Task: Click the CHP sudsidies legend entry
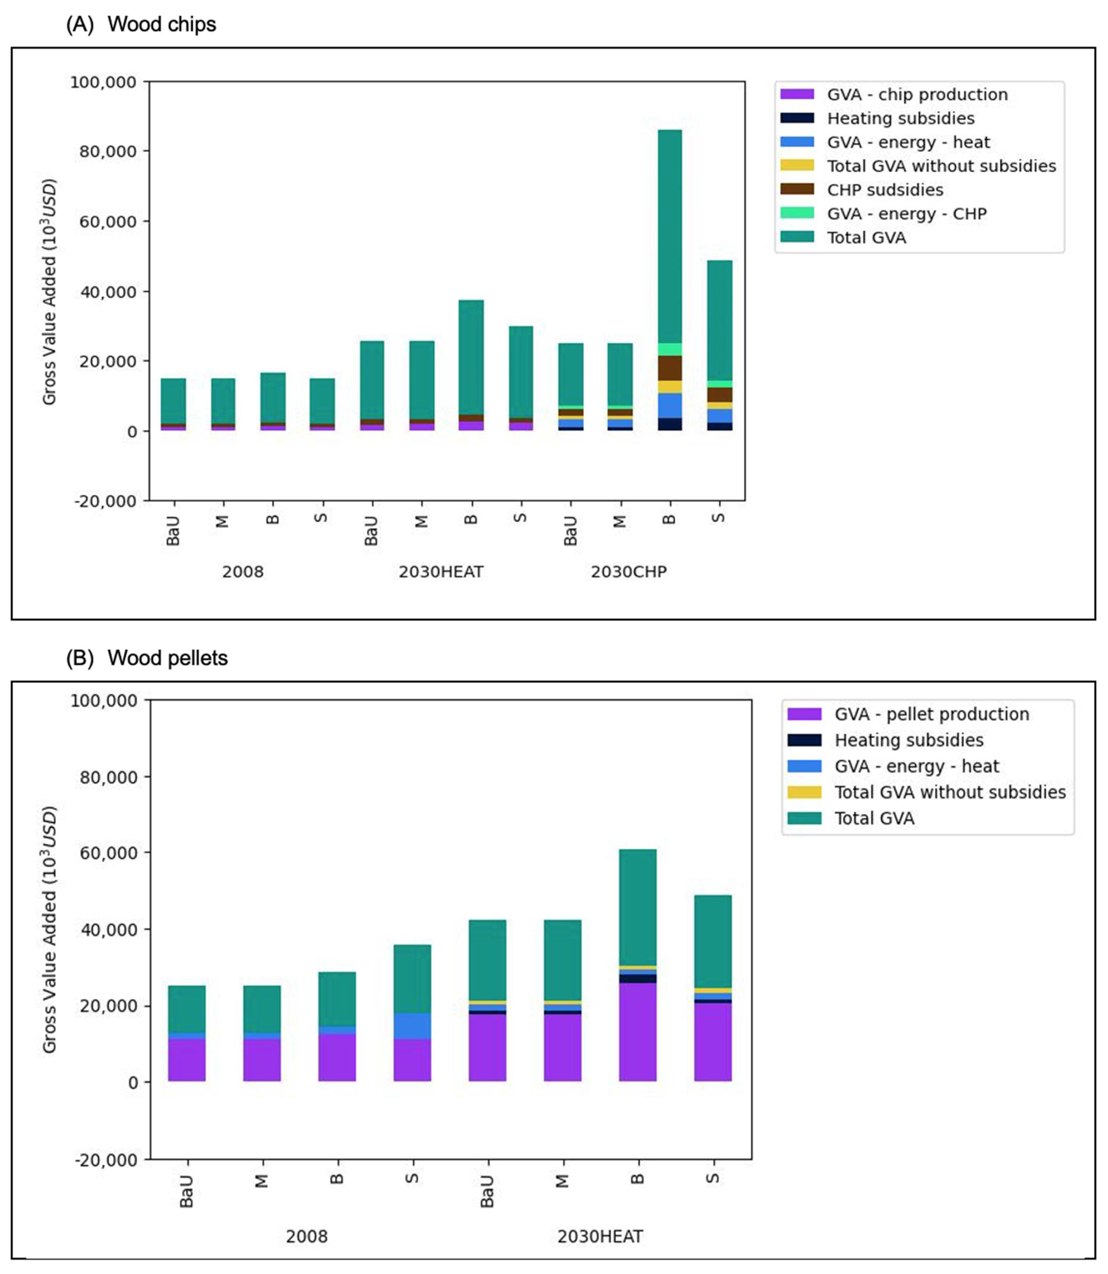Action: click(x=885, y=190)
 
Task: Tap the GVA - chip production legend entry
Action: click(x=917, y=95)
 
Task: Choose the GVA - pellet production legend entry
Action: click(x=931, y=714)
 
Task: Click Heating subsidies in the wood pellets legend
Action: click(x=908, y=740)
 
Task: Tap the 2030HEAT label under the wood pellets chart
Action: click(x=600, y=1236)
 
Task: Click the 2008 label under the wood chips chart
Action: click(x=242, y=572)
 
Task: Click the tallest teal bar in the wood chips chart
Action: click(x=670, y=235)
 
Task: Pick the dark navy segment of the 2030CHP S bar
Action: click(x=720, y=426)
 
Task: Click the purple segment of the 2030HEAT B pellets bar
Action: click(x=637, y=1033)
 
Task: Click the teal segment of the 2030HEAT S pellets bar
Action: click(x=712, y=941)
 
